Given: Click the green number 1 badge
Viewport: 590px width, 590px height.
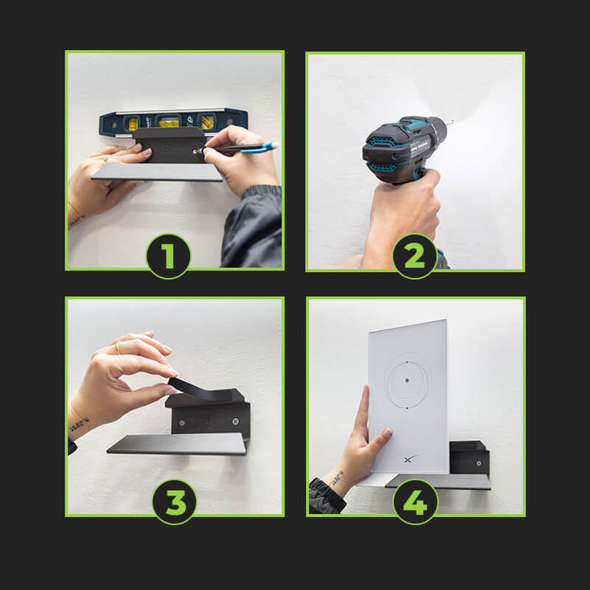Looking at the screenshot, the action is click(168, 257).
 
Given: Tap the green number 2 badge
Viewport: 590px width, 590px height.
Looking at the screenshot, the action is click(415, 257).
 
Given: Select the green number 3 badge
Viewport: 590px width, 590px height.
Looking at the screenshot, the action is click(174, 502).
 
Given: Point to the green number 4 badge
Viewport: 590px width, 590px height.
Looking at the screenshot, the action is click(416, 502).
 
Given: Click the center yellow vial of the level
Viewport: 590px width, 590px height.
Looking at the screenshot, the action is click(168, 122).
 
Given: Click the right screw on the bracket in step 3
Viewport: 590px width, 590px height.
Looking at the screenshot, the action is click(236, 421).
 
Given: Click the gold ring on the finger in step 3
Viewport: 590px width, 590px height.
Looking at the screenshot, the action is click(118, 348).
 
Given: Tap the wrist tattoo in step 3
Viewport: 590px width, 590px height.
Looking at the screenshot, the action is click(80, 424).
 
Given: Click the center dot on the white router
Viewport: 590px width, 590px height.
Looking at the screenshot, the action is click(407, 380).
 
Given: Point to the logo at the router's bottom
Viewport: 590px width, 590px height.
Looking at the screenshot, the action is click(410, 459).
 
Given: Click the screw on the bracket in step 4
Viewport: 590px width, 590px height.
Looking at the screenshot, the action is click(479, 463).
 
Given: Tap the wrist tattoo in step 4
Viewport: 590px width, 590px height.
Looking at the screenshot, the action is click(336, 479).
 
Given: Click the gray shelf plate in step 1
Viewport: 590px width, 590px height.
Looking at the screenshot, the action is click(157, 172).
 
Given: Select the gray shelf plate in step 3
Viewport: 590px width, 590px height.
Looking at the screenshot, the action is click(177, 444).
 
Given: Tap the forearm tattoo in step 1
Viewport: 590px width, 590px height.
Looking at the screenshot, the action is click(76, 222).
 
